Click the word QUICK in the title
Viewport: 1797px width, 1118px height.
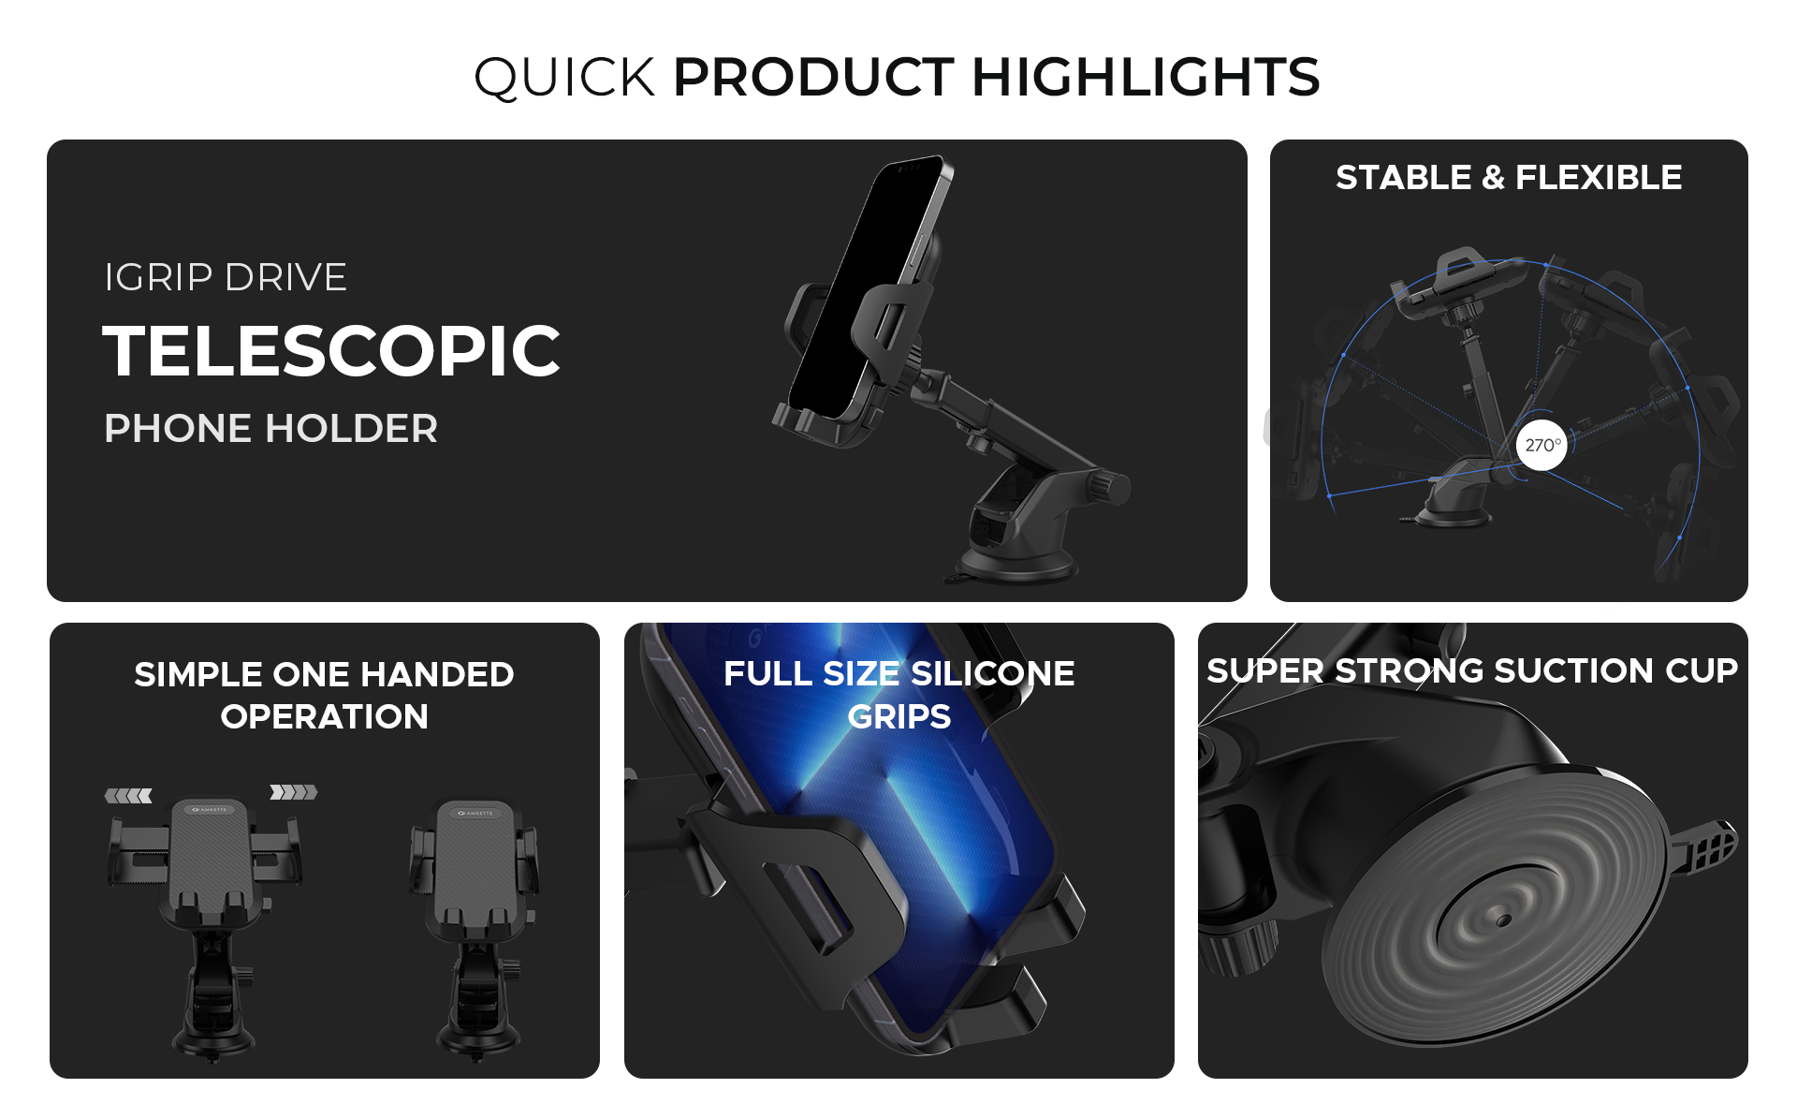point(564,78)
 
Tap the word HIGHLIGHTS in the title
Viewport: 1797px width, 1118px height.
point(1147,77)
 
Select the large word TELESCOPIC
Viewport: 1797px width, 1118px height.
point(331,351)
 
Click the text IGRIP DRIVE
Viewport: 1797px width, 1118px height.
point(226,277)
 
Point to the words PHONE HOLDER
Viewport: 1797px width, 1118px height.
point(271,429)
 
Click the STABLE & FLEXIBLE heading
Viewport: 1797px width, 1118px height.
point(1509,177)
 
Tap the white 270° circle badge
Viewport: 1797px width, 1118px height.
point(1541,446)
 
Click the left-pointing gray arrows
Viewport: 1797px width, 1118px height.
point(128,796)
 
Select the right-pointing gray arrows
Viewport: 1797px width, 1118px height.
point(294,792)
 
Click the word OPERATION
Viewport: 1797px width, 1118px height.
point(325,717)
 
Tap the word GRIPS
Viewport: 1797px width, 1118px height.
point(899,717)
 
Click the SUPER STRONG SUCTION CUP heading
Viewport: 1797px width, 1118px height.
point(1472,671)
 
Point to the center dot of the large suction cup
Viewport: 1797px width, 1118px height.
point(1503,920)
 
